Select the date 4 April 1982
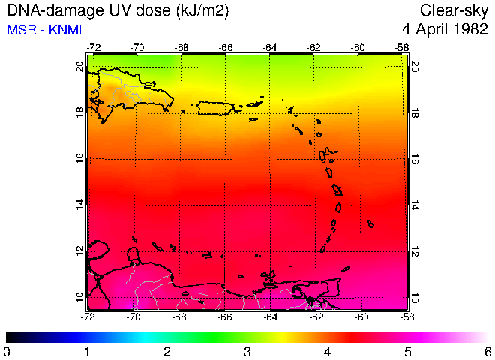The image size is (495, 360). click(x=445, y=31)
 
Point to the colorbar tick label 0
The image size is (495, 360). click(x=7, y=351)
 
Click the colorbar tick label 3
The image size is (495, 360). click(x=248, y=351)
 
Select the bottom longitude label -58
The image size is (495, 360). click(x=404, y=316)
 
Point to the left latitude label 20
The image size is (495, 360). click(x=79, y=66)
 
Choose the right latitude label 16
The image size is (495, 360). click(x=415, y=160)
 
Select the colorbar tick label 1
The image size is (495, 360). click(x=87, y=351)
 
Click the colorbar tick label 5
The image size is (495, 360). click(x=408, y=351)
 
